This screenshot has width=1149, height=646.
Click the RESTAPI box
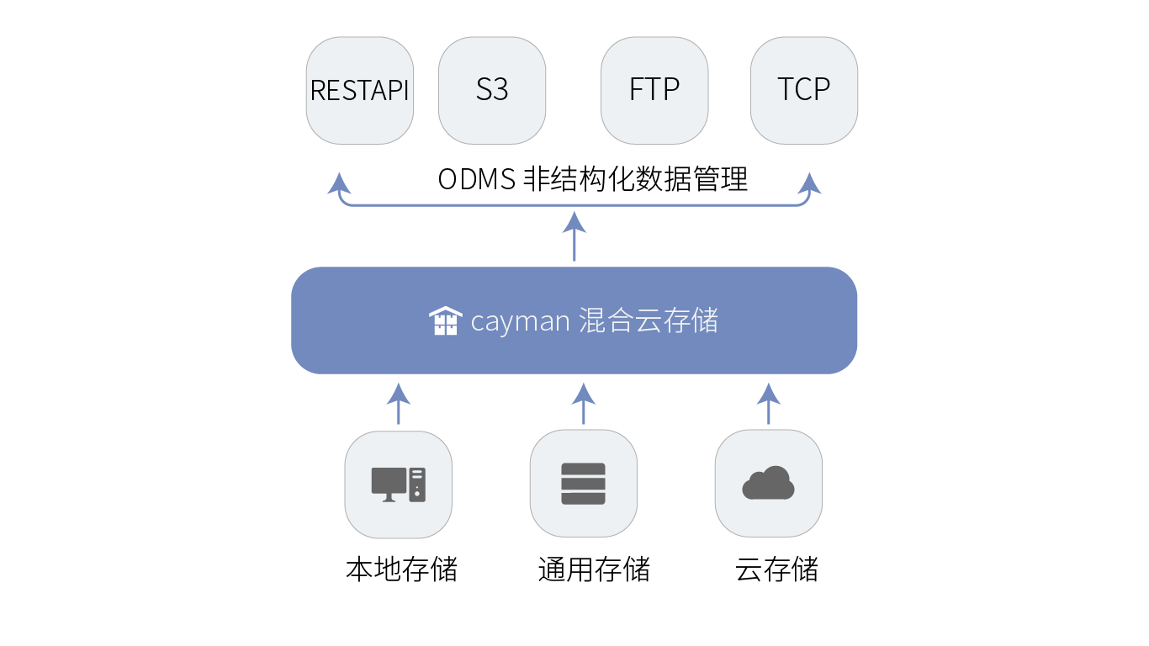pos(359,90)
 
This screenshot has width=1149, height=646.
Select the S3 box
pos(492,90)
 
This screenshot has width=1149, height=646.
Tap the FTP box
pos(654,90)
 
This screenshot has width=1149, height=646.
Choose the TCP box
pos(804,90)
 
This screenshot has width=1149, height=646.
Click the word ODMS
pos(477,180)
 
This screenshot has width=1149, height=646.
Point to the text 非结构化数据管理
pos(636,179)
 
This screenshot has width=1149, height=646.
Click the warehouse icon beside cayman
pos(445,320)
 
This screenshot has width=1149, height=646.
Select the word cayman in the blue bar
pos(520,322)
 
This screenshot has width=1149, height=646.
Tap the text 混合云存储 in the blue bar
pos(649,320)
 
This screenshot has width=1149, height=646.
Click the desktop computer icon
pos(399,484)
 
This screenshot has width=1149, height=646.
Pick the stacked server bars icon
pos(583,484)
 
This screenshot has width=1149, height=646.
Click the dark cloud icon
pos(769,482)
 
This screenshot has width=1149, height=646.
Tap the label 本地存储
pos(401,569)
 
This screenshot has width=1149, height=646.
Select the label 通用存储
pos(594,569)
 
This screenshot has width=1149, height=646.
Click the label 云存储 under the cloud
pos(776,569)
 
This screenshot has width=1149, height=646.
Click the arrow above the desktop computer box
pos(399,404)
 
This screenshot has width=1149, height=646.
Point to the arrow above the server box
pos(583,404)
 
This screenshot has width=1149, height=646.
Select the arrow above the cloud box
pos(769,404)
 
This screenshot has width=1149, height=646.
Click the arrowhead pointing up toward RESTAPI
pos(339,183)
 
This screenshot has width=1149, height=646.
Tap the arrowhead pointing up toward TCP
pos(809,183)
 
